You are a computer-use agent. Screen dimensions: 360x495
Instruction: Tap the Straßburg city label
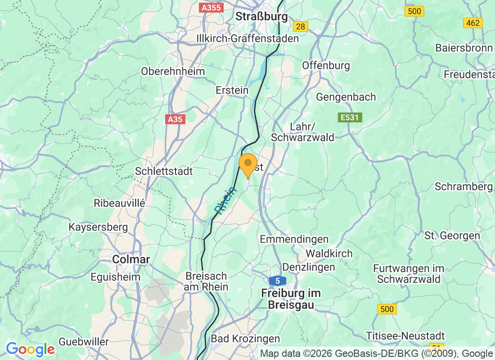[261, 17]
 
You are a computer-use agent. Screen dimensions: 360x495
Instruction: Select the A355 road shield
[211, 8]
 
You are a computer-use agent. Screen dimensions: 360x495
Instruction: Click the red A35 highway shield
[175, 119]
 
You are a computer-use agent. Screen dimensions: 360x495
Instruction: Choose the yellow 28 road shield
[301, 27]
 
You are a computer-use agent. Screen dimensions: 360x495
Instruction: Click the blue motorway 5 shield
[278, 281]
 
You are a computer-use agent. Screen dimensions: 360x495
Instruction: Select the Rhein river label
[225, 200]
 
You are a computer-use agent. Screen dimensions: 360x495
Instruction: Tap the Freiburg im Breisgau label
[291, 299]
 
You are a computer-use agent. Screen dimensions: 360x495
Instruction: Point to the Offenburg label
[326, 65]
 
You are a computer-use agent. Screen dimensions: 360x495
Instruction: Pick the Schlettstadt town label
[164, 171]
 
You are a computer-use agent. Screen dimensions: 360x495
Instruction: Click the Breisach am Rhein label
[206, 281]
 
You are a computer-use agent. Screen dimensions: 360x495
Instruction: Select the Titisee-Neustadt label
[405, 336]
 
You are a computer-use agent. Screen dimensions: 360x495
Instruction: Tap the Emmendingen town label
[294, 239]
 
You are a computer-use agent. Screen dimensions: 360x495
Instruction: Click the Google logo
[30, 349]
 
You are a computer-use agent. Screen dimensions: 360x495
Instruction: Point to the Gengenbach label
[346, 97]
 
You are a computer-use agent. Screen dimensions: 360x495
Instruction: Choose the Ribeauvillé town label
[119, 203]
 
